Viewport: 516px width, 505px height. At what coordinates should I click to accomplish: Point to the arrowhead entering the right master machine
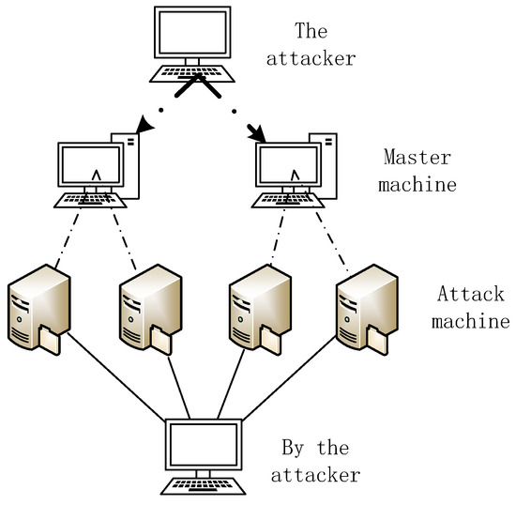pyautogui.click(x=260, y=137)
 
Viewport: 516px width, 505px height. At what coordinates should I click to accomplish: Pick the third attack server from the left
pyautogui.click(x=256, y=310)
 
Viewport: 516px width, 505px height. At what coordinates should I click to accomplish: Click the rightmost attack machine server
pyautogui.click(x=364, y=310)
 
